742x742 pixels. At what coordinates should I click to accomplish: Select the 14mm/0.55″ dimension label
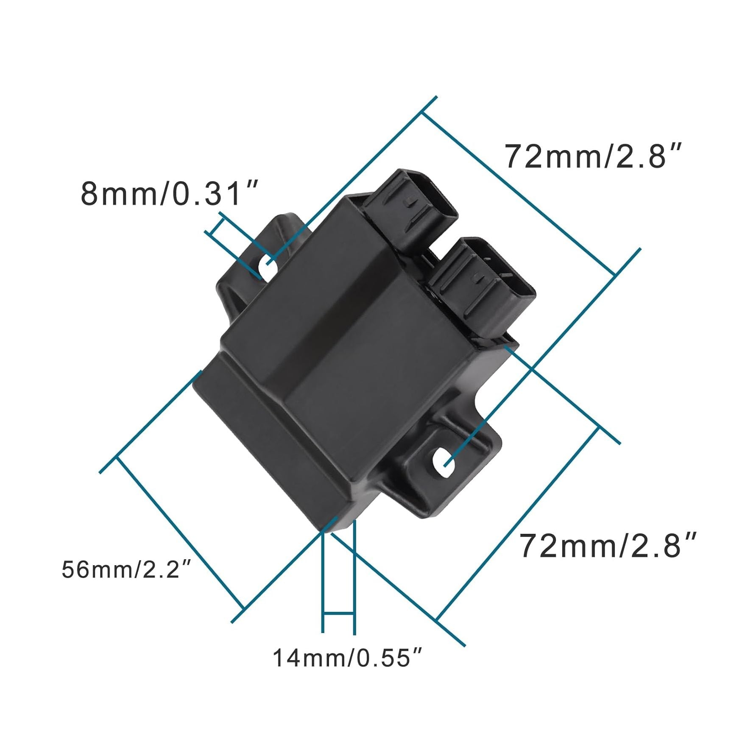pos(347,658)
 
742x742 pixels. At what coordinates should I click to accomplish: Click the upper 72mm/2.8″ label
pos(593,156)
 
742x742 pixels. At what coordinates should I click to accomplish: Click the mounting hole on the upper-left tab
pos(268,268)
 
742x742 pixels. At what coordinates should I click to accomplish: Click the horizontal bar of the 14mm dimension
pos(338,613)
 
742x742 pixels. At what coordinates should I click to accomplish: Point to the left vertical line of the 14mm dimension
pos(323,585)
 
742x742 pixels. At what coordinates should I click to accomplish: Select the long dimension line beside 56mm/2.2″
pos(180,532)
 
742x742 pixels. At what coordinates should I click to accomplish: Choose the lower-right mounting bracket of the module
pos(449,471)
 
